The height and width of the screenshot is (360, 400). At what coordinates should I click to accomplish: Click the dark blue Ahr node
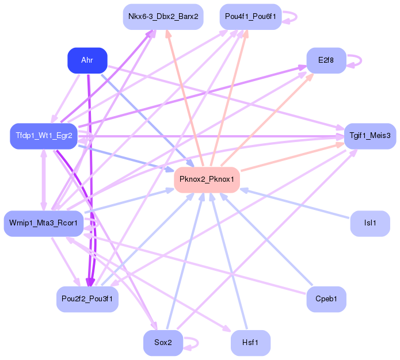(87, 60)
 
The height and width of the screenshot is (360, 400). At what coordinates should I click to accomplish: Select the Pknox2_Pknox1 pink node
(207, 180)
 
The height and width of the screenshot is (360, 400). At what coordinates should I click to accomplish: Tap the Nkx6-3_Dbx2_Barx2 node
(163, 17)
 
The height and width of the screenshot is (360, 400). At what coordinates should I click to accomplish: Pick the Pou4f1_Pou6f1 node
(250, 17)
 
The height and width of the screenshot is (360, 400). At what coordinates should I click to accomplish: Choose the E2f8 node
(326, 60)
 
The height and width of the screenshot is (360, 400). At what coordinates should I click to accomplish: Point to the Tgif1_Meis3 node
(370, 136)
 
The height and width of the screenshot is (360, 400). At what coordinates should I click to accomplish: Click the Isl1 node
(370, 224)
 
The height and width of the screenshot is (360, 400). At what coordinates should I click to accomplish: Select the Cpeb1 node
(326, 299)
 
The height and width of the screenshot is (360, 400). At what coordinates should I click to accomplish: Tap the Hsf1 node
(250, 343)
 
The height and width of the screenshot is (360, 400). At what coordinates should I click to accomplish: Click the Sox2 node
(163, 343)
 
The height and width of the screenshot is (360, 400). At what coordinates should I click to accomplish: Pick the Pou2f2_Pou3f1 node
(87, 299)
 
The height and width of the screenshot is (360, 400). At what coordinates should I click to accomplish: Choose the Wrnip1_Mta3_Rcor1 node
(44, 224)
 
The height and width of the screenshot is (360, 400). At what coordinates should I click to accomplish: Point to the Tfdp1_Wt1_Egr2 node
(44, 136)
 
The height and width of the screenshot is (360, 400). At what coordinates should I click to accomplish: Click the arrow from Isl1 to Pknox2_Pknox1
(295, 204)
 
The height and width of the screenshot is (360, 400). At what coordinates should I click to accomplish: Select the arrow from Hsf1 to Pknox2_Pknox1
(228, 261)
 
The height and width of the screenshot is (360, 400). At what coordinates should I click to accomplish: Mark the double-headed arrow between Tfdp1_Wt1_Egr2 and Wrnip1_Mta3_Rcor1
(44, 180)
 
